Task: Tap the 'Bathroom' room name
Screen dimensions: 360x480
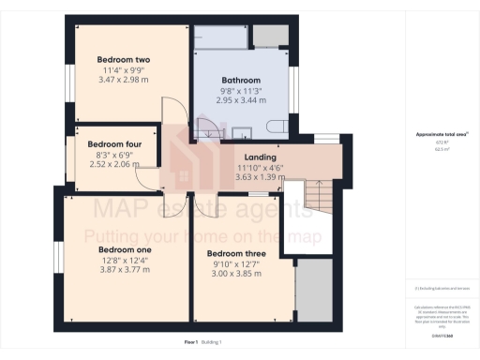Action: [x=241, y=80]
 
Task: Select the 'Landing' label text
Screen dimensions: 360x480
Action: [x=260, y=157]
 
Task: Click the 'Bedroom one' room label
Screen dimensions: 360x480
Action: [x=125, y=250]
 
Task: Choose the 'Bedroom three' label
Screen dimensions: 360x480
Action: [x=236, y=254]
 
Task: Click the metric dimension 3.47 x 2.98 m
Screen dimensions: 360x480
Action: [x=124, y=80]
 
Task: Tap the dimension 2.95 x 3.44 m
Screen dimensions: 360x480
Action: [x=241, y=99]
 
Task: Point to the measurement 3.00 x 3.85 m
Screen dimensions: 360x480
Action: [x=236, y=273]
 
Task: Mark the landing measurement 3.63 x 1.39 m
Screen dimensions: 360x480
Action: [x=260, y=176]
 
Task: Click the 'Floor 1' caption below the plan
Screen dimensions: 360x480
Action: [x=191, y=344]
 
